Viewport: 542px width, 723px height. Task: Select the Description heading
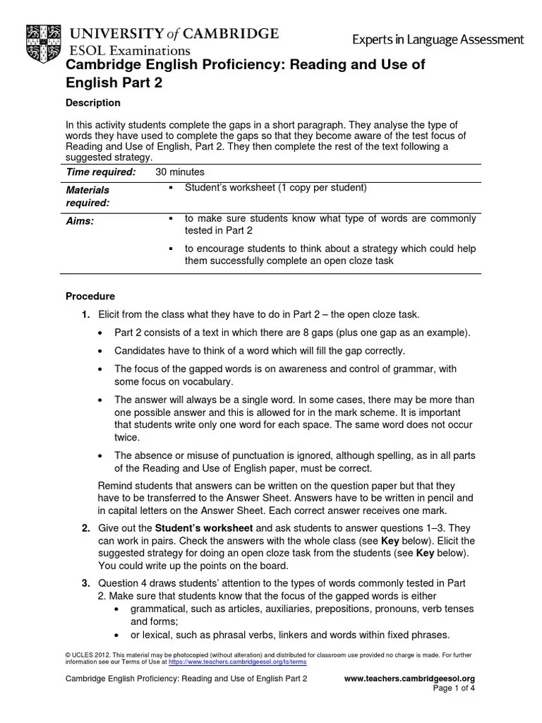pyautogui.click(x=92, y=103)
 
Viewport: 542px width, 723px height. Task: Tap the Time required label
pyautogui.click(x=100, y=172)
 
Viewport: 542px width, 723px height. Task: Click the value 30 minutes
pyautogui.click(x=180, y=172)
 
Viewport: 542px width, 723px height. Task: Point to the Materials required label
pyautogui.click(x=88, y=196)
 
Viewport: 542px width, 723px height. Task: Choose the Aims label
pyautogui.click(x=80, y=221)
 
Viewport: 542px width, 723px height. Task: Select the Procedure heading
pyautogui.click(x=90, y=297)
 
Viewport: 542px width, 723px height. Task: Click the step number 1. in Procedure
pyautogui.click(x=85, y=314)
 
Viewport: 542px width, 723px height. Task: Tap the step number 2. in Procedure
pyautogui.click(x=85, y=528)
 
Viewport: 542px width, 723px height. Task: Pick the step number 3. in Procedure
pyautogui.click(x=85, y=583)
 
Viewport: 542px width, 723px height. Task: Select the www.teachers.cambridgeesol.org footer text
pyautogui.click(x=409, y=679)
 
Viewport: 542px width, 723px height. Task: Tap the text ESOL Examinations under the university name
pyautogui.click(x=129, y=50)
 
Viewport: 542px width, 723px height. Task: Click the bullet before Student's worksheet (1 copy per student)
pyautogui.click(x=171, y=188)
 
